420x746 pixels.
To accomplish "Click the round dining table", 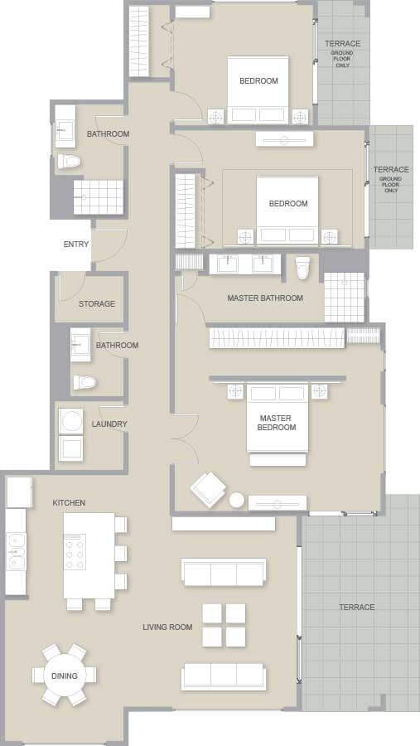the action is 65,675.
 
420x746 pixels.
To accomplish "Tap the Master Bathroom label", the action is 265,298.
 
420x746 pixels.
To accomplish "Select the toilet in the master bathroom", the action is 302,268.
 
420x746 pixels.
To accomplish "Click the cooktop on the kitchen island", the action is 75,552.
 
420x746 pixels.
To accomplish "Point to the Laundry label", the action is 109,424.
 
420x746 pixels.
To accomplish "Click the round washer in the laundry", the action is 70,421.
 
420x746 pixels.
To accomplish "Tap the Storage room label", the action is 97,303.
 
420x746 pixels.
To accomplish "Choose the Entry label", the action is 76,244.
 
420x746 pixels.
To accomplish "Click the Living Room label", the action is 167,627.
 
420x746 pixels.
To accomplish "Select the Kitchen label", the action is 69,502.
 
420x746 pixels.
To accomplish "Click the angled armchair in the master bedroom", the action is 208,489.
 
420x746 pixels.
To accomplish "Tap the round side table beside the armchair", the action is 236,500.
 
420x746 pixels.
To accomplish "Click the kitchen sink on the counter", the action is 16,551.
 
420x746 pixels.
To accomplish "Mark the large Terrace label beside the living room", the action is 357,607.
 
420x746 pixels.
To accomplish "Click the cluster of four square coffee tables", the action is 224,625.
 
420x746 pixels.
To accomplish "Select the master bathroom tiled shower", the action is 345,298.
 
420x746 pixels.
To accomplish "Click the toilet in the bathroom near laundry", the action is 84,382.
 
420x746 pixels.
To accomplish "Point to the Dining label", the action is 65,676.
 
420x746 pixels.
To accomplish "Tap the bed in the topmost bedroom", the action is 258,90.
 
